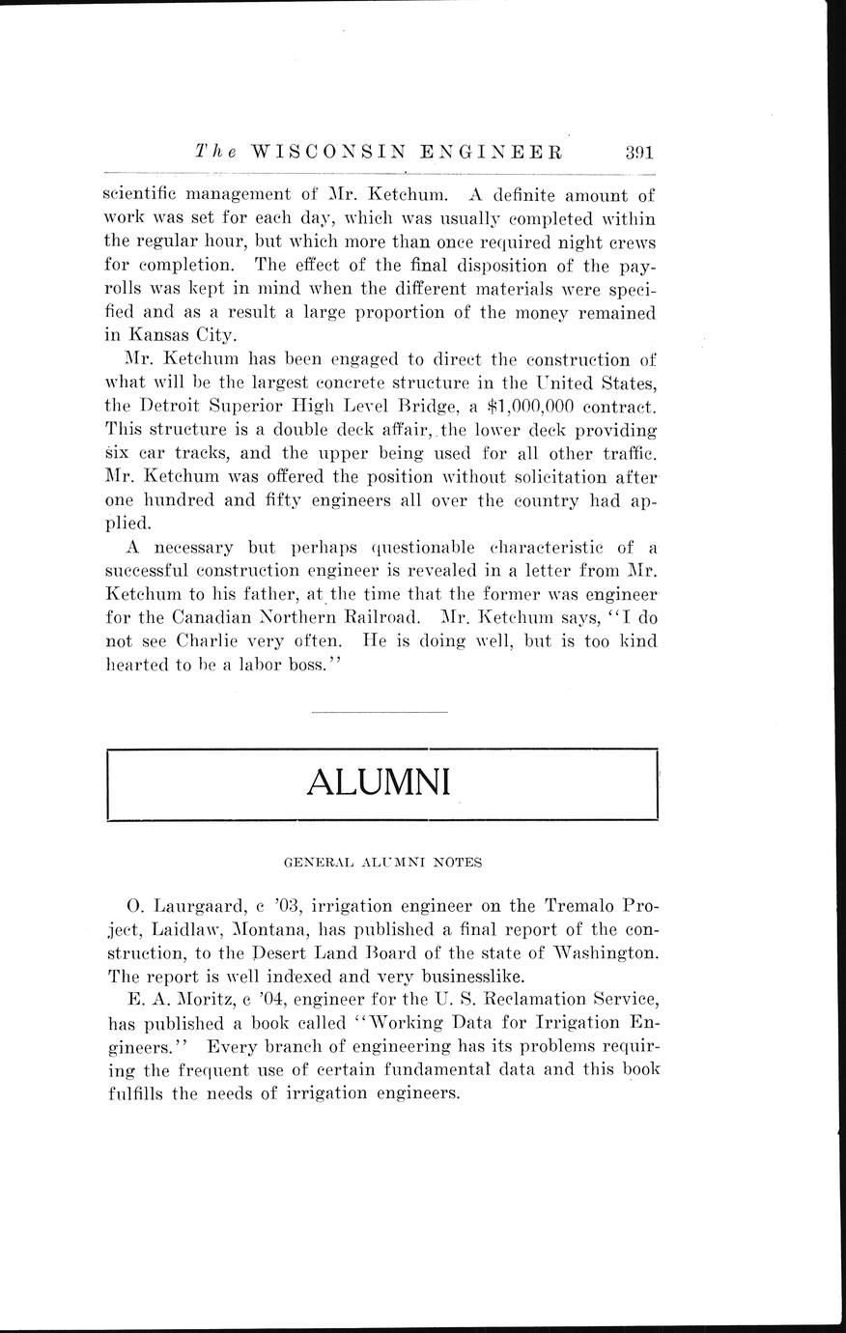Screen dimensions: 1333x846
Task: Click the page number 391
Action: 640,152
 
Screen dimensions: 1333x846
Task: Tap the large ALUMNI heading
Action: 379,782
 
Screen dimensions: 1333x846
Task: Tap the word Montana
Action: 276,929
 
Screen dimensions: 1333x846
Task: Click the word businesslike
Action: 458,976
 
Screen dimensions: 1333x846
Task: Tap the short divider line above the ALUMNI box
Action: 381,713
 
